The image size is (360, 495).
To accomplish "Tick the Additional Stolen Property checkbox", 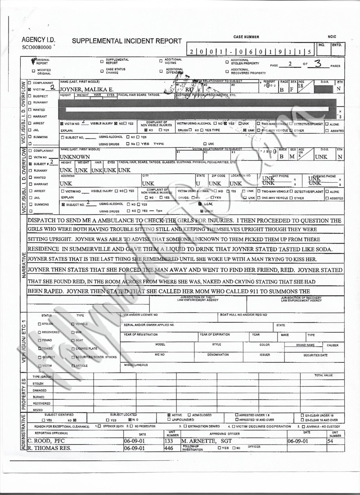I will point(227,62).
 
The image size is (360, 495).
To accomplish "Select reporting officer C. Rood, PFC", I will point(47,441).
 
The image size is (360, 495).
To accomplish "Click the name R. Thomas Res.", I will point(51,448).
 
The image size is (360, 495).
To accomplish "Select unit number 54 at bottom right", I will point(330,441).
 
